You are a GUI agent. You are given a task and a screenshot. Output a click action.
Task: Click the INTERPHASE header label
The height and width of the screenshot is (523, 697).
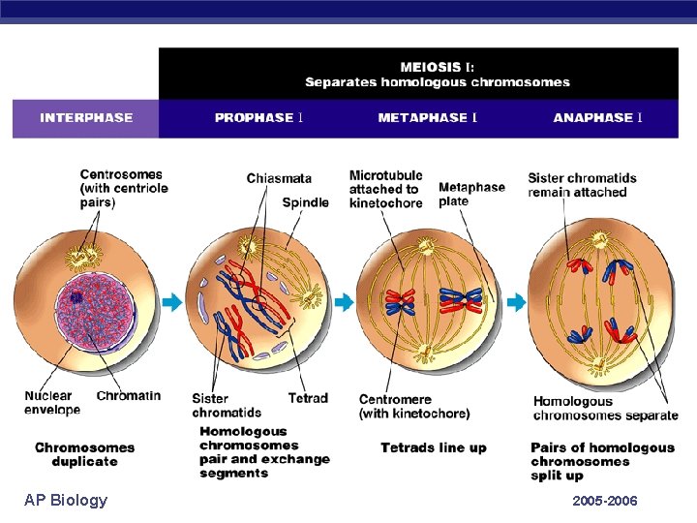point(86,118)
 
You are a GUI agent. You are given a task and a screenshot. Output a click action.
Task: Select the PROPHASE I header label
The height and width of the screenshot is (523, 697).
point(259,118)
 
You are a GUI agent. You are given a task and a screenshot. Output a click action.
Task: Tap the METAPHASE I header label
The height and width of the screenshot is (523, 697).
point(427,118)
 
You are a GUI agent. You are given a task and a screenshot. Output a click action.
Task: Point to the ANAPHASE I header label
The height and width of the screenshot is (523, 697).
point(597,118)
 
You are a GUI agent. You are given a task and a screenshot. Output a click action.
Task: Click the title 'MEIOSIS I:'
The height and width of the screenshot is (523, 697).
point(438,67)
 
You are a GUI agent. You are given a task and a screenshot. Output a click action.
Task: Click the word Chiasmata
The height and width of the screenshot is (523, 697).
point(279,178)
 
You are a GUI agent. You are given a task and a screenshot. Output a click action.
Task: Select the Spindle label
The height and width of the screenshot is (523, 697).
point(305,202)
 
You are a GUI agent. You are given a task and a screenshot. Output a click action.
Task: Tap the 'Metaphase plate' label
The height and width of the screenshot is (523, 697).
point(471,194)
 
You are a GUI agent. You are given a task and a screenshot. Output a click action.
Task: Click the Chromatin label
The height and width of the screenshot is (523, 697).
point(129,395)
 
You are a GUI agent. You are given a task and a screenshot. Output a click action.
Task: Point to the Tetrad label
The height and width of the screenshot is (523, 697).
point(308,398)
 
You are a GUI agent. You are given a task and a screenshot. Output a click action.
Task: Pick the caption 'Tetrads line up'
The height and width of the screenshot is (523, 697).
point(433,447)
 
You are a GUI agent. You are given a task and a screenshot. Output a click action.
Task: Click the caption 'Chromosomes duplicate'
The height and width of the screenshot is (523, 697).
point(84,454)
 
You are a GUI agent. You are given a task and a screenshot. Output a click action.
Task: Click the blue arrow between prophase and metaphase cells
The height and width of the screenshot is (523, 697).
point(344,303)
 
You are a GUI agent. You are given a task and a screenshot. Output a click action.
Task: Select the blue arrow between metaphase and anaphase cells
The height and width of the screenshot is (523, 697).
point(514,303)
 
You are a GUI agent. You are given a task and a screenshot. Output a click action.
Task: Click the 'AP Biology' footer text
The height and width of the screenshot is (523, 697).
point(66,500)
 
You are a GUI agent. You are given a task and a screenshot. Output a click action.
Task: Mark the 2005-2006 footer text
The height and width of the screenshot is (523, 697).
point(605,501)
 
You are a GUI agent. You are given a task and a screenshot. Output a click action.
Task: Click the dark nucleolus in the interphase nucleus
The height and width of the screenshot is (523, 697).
point(76,297)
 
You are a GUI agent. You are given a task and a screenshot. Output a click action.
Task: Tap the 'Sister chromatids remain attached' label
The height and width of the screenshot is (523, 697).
point(582,185)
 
